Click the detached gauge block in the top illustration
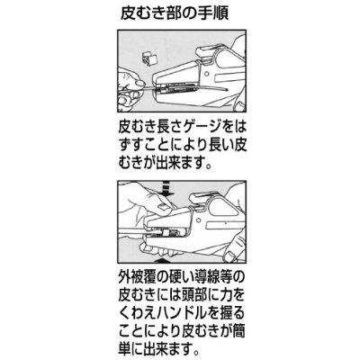click(150, 58)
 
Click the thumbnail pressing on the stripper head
click(162, 207)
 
